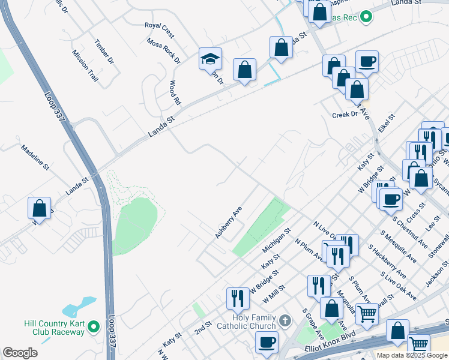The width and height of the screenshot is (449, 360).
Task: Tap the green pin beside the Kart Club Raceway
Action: coord(93,327)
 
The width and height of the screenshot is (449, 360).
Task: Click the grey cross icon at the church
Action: coord(285,320)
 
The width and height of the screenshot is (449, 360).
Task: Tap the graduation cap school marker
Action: coord(211,59)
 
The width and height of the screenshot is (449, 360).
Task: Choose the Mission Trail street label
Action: coord(85,65)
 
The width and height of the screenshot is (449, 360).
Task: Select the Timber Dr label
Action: coord(104,52)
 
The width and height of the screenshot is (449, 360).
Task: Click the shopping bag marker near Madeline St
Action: coord(39,208)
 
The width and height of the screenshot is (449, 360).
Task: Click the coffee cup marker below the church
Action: coord(267,342)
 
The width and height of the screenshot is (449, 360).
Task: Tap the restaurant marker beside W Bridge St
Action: coord(238,298)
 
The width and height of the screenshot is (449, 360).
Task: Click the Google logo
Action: coord(20,353)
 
